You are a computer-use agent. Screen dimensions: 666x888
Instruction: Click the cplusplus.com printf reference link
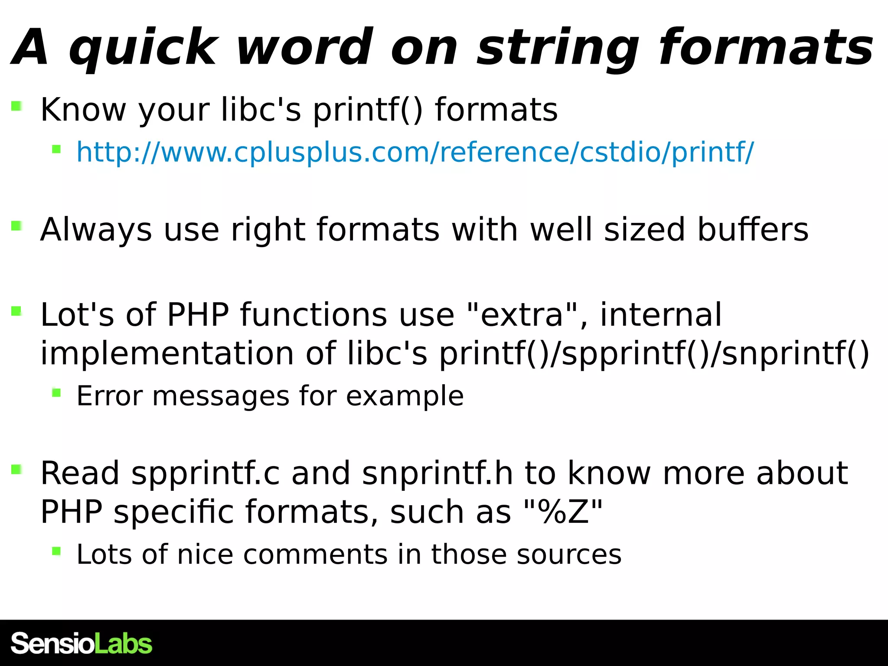pyautogui.click(x=415, y=152)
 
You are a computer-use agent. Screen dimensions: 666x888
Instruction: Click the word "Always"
pyautogui.click(x=96, y=229)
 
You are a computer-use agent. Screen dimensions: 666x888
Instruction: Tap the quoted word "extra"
pyautogui.click(x=522, y=314)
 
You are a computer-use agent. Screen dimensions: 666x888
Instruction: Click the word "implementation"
pyautogui.click(x=167, y=353)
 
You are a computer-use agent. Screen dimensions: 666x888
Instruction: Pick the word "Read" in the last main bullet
pyautogui.click(x=80, y=473)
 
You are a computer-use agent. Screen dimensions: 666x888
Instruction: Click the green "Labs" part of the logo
pyautogui.click(x=123, y=643)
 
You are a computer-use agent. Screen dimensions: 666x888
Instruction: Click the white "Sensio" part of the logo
pyautogui.click(x=52, y=643)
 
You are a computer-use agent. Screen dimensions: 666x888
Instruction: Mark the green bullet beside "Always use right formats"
pyautogui.click(x=16, y=225)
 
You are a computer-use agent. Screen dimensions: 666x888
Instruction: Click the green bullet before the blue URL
pyautogui.click(x=56, y=149)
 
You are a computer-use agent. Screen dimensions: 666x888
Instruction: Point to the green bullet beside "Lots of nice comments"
pyautogui.click(x=56, y=551)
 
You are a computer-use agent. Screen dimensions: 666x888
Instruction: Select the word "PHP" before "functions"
pyautogui.click(x=198, y=314)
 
